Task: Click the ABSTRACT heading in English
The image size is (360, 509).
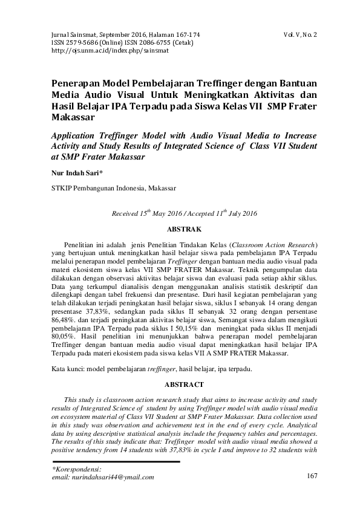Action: pyautogui.click(x=180, y=384)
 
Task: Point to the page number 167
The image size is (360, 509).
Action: pyautogui.click(x=312, y=476)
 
